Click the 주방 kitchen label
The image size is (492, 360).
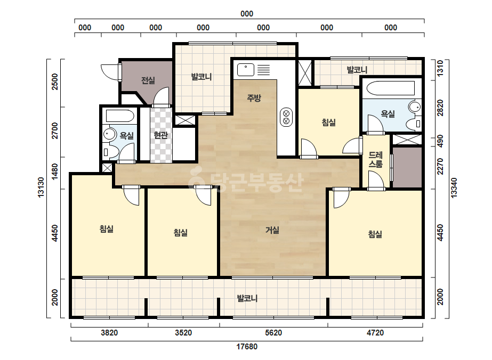pos(254,98)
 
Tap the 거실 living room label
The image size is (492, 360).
pos(272,230)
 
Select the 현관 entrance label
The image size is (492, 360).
pos(160,135)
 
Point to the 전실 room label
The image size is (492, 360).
pos(148,80)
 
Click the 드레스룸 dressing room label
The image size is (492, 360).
pos(376,160)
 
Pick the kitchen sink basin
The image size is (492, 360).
pos(246,70)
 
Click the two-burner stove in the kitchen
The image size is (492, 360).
pos(286,117)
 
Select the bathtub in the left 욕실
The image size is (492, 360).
pos(120,116)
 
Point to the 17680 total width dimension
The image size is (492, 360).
pos(247,347)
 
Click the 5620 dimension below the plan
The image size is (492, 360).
pos(273,332)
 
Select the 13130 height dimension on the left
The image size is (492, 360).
pos(41,187)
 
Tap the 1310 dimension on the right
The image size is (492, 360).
pos(440,68)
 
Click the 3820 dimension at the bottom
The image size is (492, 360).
pos(109,332)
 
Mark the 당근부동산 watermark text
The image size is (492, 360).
pos(246,181)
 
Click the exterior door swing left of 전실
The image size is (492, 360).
pos(109,72)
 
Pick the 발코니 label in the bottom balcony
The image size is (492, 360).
pos(247,298)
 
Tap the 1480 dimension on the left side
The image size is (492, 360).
pos(55,171)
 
